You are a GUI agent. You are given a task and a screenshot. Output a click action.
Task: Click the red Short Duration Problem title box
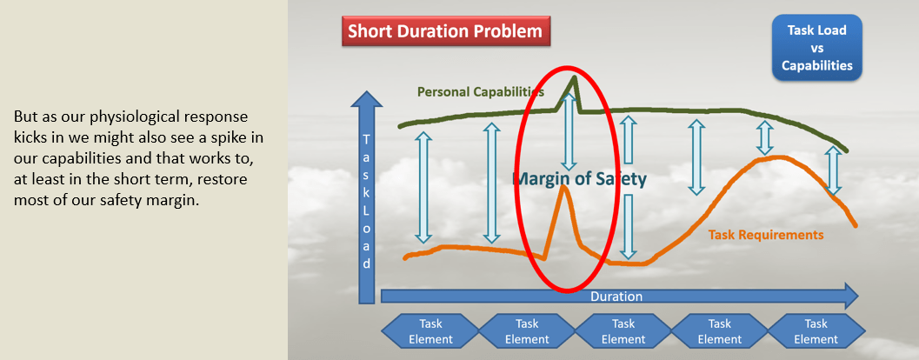pos(446,31)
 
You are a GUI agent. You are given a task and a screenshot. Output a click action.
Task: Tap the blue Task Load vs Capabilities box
pos(816,48)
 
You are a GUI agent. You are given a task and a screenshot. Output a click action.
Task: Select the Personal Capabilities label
pos(481,92)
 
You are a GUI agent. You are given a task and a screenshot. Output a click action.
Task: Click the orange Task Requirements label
pos(765,235)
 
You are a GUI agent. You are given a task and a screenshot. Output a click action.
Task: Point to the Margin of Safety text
pos(579,179)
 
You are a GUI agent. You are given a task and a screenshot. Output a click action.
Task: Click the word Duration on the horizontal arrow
pos(616,297)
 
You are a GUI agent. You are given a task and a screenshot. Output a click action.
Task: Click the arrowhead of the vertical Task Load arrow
pos(366,99)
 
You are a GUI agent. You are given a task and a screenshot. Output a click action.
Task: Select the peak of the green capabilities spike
pos(574,77)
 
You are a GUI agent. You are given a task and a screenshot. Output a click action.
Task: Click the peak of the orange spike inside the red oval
pos(563,186)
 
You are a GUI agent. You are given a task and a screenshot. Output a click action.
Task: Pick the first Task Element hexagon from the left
pos(430,330)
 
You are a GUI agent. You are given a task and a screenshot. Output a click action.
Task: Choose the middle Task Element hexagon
pos(623,330)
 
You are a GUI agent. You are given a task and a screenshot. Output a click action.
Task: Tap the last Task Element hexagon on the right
pos(816,330)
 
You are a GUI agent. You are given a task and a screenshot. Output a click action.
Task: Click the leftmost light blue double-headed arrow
pos(423,187)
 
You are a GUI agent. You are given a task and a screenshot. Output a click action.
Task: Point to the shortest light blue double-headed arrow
pos(763,137)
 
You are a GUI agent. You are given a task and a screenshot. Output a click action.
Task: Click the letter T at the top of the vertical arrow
pos(366,139)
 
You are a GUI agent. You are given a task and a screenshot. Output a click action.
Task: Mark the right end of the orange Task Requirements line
pos(856,225)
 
